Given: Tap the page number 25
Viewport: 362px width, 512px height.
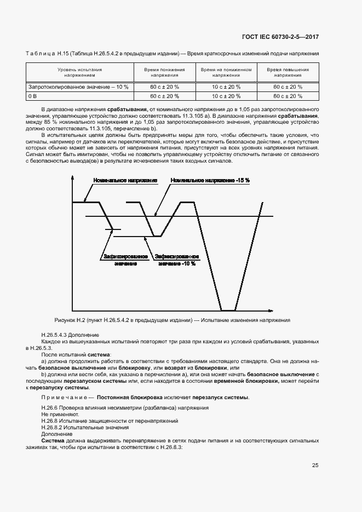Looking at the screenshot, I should tap(315, 465).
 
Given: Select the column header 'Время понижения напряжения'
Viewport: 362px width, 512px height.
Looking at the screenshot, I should tap(164, 73).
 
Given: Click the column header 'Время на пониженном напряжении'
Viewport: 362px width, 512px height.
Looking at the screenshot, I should tap(226, 73).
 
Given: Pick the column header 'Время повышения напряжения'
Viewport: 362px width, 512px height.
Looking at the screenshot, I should tap(288, 73).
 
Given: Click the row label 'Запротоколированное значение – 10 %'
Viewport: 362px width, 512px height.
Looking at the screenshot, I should tap(78, 87).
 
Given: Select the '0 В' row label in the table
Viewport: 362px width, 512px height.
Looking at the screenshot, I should tap(32, 96).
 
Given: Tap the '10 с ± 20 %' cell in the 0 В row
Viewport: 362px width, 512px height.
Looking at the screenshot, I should tap(226, 96).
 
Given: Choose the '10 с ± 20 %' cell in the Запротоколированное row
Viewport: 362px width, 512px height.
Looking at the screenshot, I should tap(226, 87).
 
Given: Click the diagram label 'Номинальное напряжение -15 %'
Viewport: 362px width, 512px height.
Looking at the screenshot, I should tap(210, 180).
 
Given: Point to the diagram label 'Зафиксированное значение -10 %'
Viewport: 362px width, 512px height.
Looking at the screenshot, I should tap(176, 260).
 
